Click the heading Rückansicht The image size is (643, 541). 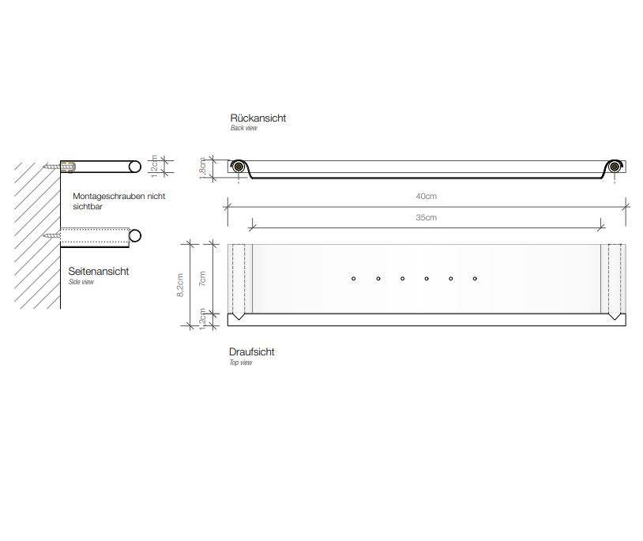click(x=258, y=118)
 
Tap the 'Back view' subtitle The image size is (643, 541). click(x=243, y=128)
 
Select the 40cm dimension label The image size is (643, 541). click(x=426, y=197)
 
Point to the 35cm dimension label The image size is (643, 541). click(x=426, y=218)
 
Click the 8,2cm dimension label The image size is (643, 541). click(x=179, y=285)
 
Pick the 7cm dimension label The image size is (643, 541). click(x=202, y=279)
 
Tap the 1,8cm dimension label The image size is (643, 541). click(x=202, y=168)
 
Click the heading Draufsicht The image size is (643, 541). click(x=251, y=351)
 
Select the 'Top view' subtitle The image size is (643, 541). click(x=241, y=363)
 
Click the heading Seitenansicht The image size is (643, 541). click(x=99, y=272)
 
